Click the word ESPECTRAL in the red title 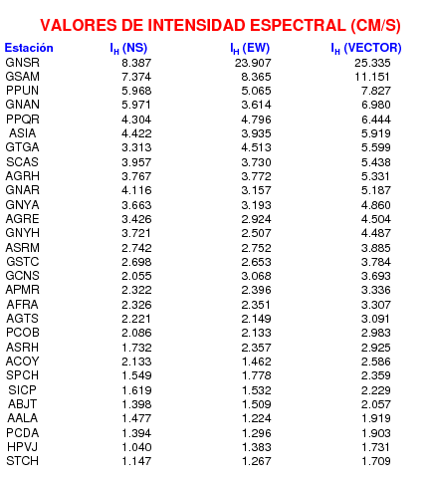(x=298, y=25)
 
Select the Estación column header (x=29, y=48)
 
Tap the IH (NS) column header (x=128, y=49)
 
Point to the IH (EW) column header (x=250, y=49)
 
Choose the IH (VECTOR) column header (x=366, y=49)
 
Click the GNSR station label (x=23, y=63)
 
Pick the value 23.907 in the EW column (x=253, y=63)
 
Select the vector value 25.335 (x=372, y=63)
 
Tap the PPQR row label (x=23, y=119)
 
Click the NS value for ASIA (x=136, y=133)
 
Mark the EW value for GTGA (x=256, y=147)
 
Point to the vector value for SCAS (x=376, y=162)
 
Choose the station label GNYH (x=23, y=233)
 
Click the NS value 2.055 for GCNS (x=136, y=276)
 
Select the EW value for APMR (x=256, y=290)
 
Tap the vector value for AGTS (x=375, y=319)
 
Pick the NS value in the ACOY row (x=136, y=361)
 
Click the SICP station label (x=22, y=389)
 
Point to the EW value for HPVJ (x=257, y=447)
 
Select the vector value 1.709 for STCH (x=376, y=461)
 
